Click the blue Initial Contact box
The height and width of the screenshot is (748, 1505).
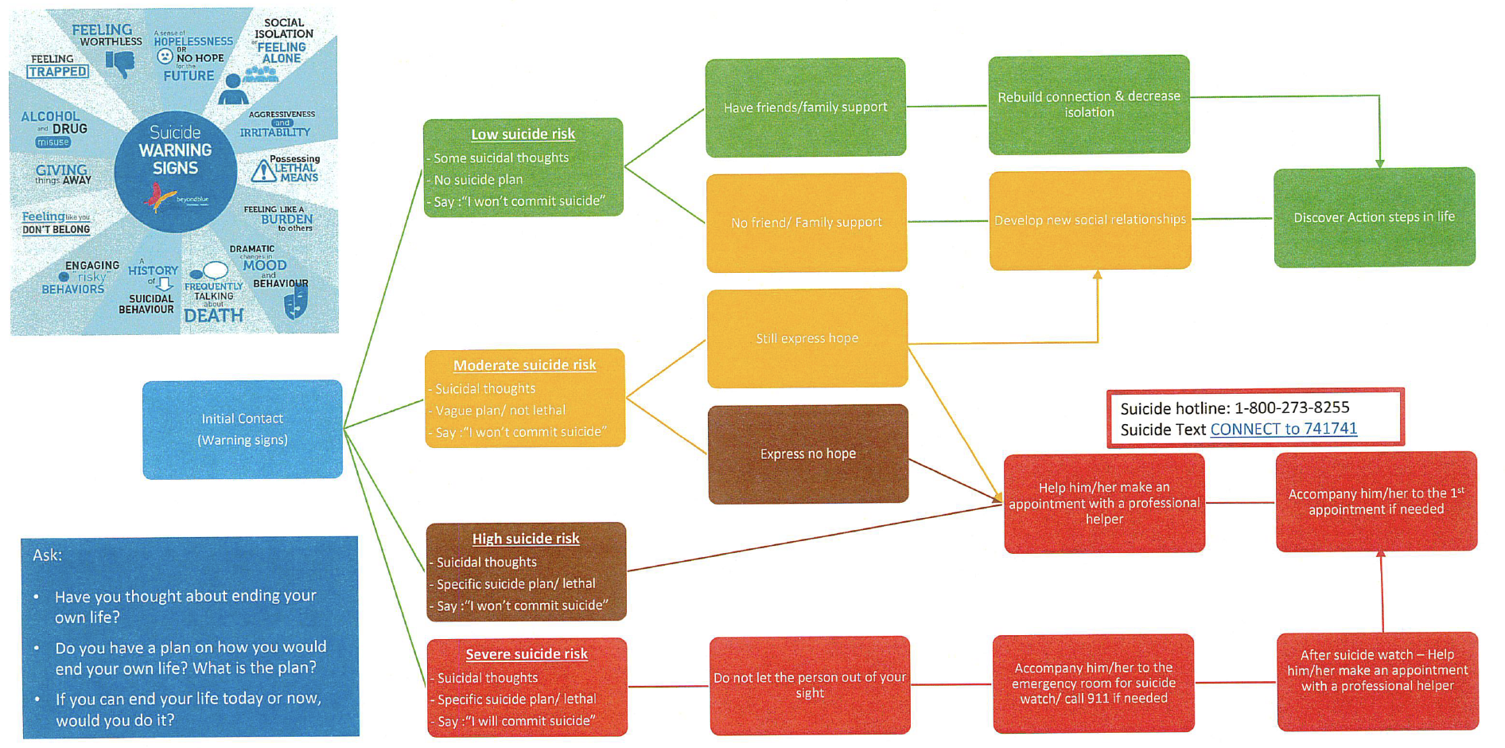coord(243,429)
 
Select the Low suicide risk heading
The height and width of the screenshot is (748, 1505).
coord(523,134)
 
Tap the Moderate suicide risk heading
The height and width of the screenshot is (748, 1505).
coord(524,365)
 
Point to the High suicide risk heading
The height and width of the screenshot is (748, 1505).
coord(526,539)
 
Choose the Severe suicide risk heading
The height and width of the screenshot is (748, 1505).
coord(527,654)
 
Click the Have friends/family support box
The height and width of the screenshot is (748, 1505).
coord(805,107)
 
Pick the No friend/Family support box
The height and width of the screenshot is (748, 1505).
coord(807,223)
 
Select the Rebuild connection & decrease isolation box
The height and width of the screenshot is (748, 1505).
coord(1089,104)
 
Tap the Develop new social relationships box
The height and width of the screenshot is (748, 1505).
coord(1090,220)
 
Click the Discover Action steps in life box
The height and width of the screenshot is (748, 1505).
coord(1374,217)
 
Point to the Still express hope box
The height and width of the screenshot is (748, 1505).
coord(807,338)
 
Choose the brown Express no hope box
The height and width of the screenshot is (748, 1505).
coord(808,454)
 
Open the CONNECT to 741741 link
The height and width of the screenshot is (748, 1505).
coord(1283,429)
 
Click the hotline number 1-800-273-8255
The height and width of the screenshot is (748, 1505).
coord(1292,407)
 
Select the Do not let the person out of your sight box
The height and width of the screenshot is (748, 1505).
coord(810,685)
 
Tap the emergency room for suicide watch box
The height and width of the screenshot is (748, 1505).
coord(1094,683)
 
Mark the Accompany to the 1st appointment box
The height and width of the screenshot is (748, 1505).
coord(1376,501)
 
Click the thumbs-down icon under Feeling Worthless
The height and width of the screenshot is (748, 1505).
coord(121,63)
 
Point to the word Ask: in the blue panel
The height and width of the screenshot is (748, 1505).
coord(47,555)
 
